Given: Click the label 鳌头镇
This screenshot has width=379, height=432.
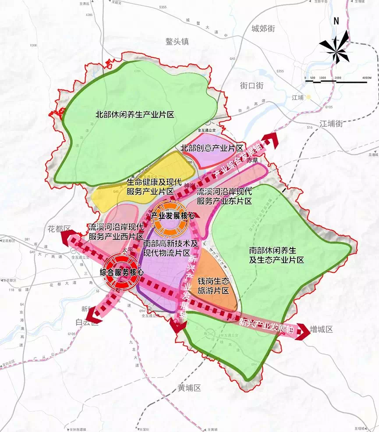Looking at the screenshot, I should pos(177,42).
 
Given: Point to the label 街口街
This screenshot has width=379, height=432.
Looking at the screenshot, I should pos(252,86).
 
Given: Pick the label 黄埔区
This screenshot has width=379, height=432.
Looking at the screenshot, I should pos(189,388).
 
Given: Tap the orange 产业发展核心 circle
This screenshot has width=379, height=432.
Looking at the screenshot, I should pos(170,216).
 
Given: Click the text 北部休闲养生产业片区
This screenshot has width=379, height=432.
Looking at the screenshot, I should pos(135,115).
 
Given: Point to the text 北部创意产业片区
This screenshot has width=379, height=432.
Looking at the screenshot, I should pos(212,149).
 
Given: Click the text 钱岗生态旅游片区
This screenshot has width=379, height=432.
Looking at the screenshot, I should pos(213,286).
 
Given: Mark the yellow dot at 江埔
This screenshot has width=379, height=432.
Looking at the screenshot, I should pos(309,97).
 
